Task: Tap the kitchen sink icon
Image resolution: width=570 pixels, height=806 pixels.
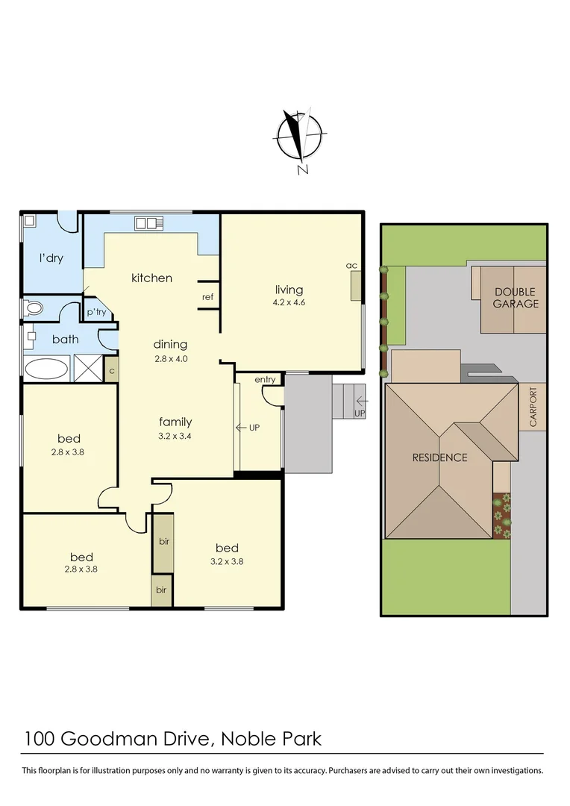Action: (x=147, y=222)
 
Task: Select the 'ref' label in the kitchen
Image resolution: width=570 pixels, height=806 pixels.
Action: (x=208, y=297)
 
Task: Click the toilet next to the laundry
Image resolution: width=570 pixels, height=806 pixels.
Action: (x=34, y=307)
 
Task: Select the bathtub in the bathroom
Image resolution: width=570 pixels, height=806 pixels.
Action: (x=46, y=368)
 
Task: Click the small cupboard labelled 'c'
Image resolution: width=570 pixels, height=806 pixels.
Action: (x=111, y=370)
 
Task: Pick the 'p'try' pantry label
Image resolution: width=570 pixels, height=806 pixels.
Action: (x=95, y=313)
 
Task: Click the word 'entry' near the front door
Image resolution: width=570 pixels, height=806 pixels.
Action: (x=265, y=380)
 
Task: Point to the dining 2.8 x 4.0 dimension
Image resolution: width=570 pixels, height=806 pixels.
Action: (x=170, y=358)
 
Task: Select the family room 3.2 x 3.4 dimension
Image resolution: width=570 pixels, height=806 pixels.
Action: (x=175, y=435)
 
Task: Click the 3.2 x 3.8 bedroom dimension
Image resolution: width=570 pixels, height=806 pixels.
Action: (x=227, y=562)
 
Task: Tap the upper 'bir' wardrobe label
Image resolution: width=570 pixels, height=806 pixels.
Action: (x=163, y=541)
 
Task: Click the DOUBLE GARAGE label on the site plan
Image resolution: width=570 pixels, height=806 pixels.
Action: (x=516, y=299)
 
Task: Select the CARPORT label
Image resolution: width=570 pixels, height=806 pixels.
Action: (x=533, y=407)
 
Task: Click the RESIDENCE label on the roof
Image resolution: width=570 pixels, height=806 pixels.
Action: (x=439, y=457)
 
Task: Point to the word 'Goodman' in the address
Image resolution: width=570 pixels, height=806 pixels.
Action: (x=134, y=739)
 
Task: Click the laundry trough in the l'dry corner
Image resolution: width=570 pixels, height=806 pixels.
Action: (x=30, y=221)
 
